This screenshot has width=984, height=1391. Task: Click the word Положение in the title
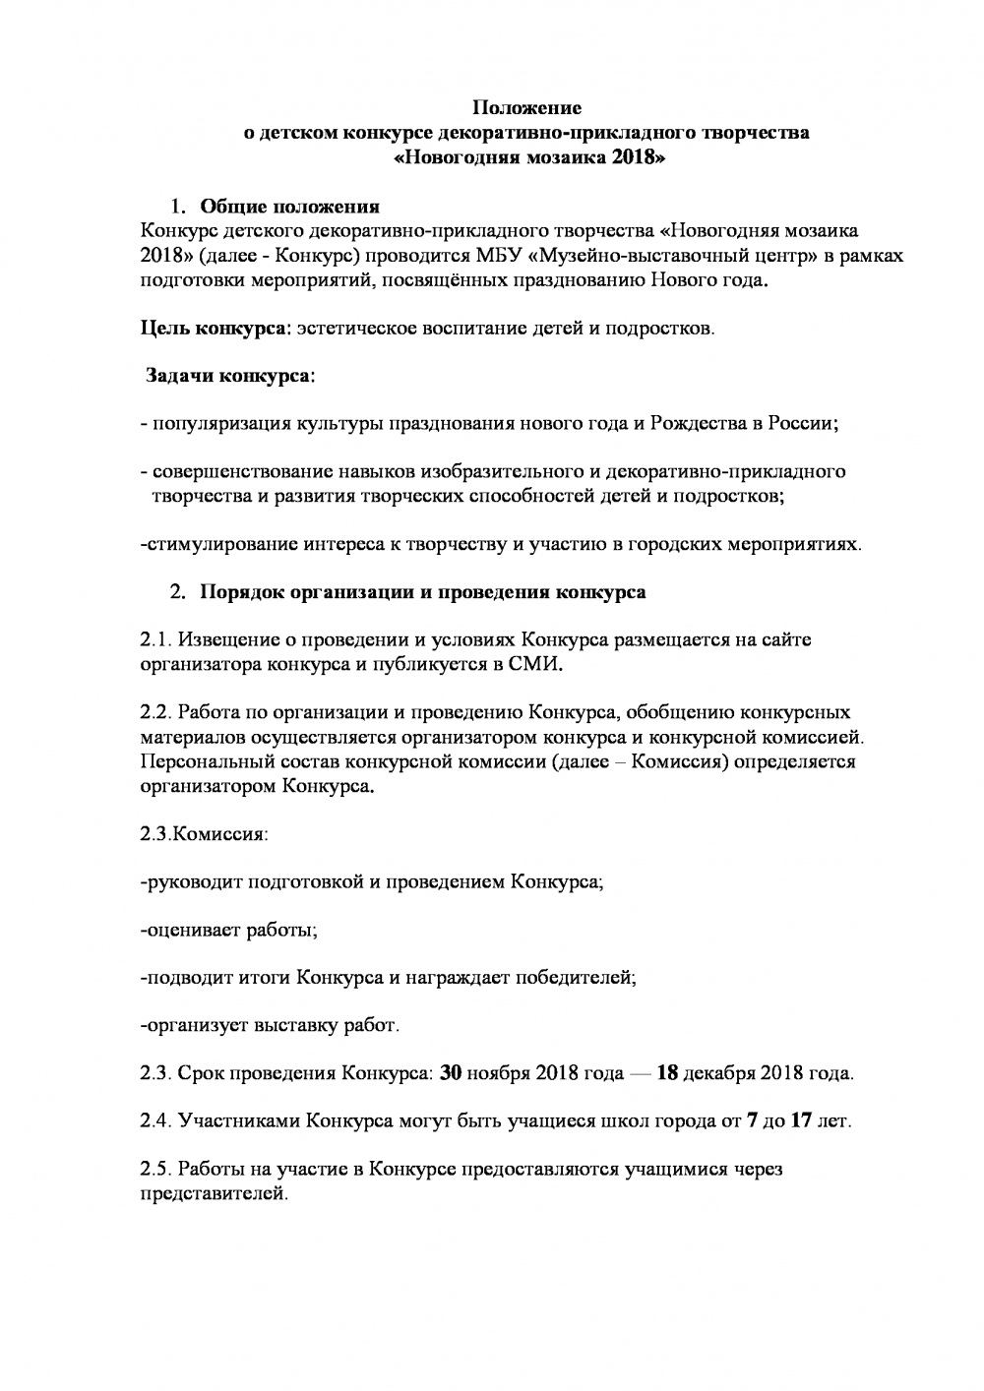(x=526, y=107)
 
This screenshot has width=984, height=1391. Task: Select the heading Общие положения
(x=289, y=207)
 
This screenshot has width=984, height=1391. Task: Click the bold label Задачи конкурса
(x=230, y=376)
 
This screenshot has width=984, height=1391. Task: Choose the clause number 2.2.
(x=157, y=712)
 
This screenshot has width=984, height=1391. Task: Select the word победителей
(x=582, y=978)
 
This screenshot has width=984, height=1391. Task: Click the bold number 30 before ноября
(x=451, y=1073)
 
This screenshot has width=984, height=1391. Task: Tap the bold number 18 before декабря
(x=667, y=1073)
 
